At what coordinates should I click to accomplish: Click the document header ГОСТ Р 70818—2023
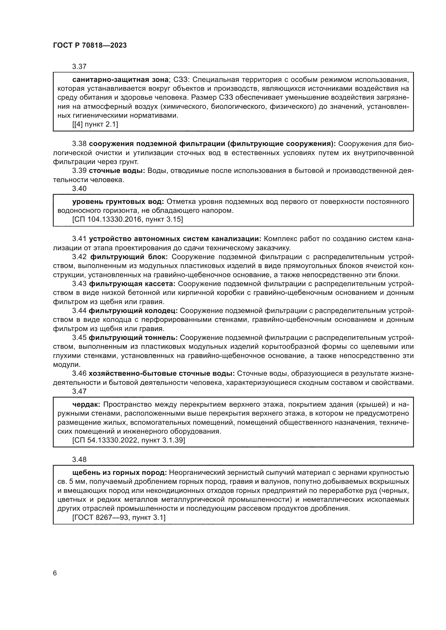(x=90, y=45)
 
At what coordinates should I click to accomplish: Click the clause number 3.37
(x=79, y=67)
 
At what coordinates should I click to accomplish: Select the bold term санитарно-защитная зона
(x=120, y=80)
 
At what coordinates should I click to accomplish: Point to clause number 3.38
(x=79, y=144)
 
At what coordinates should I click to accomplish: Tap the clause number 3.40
(x=79, y=189)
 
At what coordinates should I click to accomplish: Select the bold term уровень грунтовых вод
(x=118, y=202)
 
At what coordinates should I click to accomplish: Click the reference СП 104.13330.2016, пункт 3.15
(x=128, y=220)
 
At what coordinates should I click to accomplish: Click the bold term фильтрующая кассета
(x=132, y=284)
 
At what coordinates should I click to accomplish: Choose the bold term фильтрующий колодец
(x=133, y=311)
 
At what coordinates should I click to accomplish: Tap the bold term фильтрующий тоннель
(x=133, y=337)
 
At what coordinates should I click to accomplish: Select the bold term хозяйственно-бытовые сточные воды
(x=162, y=373)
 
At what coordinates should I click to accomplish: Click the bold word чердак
(x=86, y=405)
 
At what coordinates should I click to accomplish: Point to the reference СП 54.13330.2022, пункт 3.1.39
(x=129, y=440)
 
